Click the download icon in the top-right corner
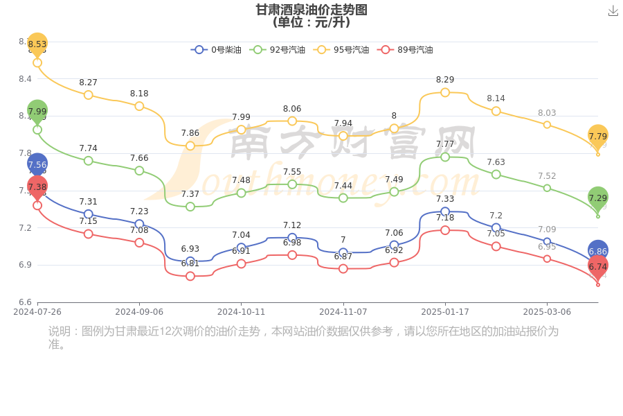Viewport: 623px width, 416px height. (x=613, y=10)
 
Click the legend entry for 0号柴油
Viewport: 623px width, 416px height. (x=216, y=50)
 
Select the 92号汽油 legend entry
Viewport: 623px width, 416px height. (x=278, y=50)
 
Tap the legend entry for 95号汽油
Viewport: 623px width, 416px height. (x=341, y=50)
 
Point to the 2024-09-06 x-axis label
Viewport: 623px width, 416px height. (x=139, y=312)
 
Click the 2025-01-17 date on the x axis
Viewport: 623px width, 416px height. (x=445, y=312)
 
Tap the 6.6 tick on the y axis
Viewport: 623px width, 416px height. (x=25, y=302)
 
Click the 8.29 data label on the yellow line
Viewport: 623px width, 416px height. (x=445, y=80)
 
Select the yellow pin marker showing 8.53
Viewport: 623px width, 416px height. (x=37, y=44)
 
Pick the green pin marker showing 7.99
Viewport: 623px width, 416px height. (x=37, y=111)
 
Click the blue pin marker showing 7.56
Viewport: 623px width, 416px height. (x=37, y=164)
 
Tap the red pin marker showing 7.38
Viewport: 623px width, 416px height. (x=37, y=187)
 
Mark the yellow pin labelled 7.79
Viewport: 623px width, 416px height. (x=598, y=136)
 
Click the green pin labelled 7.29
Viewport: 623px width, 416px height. (x=598, y=198)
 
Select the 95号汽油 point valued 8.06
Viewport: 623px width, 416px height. (x=292, y=121)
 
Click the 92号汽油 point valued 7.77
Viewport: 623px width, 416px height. (x=445, y=157)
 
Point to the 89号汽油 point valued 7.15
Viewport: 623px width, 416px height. (x=89, y=234)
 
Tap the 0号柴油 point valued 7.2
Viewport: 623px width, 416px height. (x=496, y=227)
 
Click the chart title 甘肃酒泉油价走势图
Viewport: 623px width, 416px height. (x=311, y=10)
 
